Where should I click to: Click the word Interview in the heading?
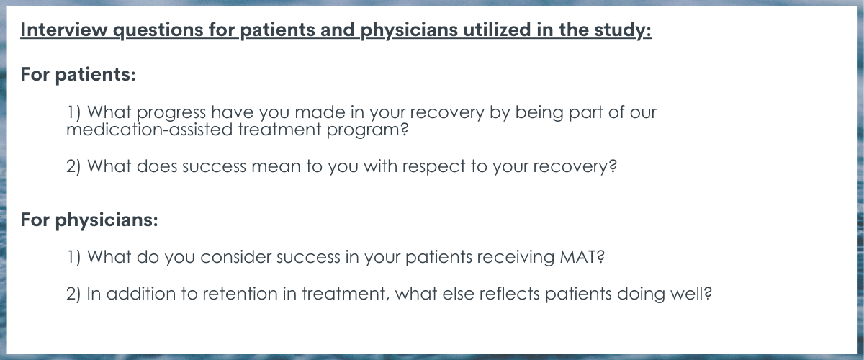(x=64, y=30)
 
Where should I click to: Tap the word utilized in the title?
(x=497, y=30)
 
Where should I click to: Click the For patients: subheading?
(x=78, y=74)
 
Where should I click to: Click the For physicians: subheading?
(x=89, y=220)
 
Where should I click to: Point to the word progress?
(x=171, y=113)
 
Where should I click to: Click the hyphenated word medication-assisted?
(x=150, y=130)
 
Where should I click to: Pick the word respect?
(x=434, y=167)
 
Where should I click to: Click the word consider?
(x=235, y=257)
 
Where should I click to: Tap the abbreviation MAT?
(x=582, y=257)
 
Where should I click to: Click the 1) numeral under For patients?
(x=73, y=112)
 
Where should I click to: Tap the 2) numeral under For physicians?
(x=73, y=294)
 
